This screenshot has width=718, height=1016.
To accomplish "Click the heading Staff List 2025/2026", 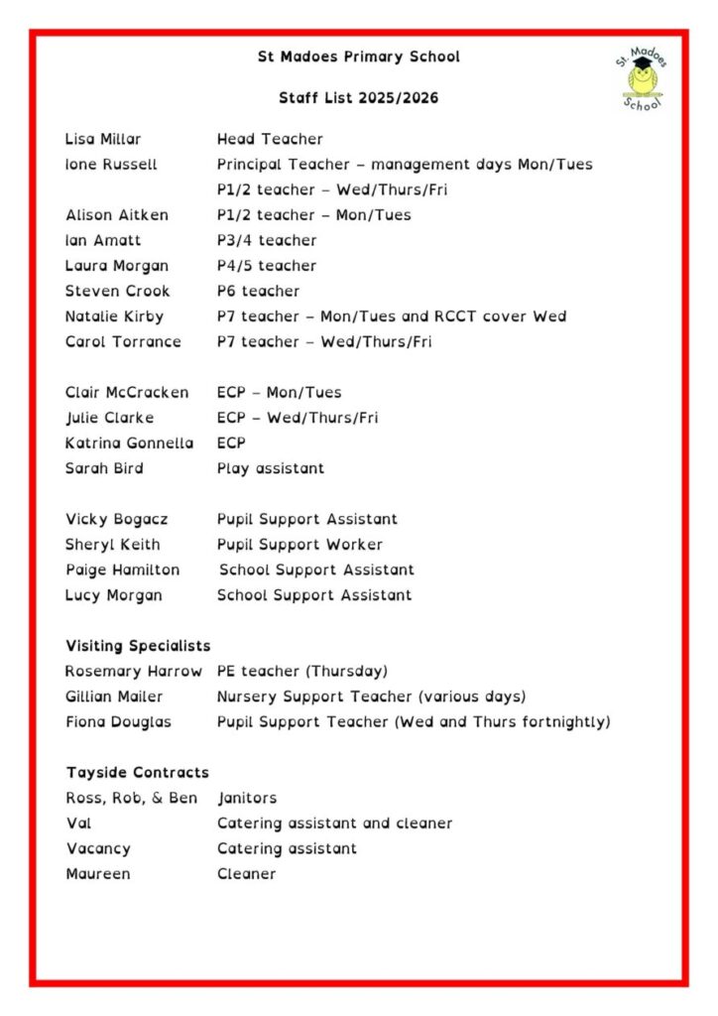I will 358,98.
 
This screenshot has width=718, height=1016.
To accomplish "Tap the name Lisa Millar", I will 103,139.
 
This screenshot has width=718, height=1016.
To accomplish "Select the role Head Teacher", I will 270,139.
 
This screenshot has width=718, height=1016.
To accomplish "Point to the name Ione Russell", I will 111,165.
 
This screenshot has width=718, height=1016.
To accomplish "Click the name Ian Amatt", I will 103,240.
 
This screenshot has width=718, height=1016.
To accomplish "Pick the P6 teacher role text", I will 258,291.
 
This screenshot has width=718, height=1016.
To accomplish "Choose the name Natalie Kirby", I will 114,317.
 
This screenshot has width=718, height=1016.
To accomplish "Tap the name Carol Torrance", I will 123,341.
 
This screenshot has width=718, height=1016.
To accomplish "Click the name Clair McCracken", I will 127,392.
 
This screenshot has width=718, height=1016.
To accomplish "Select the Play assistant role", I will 270,468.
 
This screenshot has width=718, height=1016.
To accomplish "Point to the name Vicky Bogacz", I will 116,519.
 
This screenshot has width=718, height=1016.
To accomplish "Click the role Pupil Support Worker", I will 299,545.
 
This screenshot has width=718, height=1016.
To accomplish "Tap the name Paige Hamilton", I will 122,570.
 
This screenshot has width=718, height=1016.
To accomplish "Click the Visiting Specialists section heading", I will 138,646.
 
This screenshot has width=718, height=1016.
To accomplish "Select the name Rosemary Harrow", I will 133,671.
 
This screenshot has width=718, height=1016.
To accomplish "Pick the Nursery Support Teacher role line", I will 371,697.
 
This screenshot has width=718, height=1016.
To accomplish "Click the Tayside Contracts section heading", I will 138,772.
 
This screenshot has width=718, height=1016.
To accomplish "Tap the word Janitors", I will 247,798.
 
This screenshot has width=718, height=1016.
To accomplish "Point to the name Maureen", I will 97,874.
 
